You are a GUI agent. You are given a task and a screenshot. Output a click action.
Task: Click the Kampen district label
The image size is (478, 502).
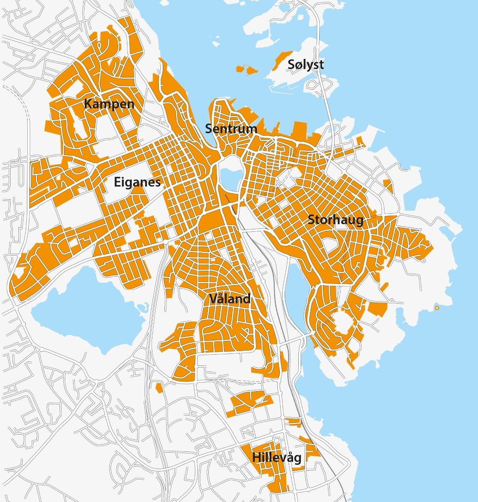(x=109, y=104)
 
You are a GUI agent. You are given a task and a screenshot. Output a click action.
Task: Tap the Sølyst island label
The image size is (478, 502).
(x=306, y=64)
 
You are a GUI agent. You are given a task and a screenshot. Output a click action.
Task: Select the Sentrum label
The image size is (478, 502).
(x=231, y=129)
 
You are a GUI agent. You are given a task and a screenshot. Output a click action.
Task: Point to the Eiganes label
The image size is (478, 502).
(x=137, y=182)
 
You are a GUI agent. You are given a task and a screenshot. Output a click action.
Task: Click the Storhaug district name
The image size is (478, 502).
(x=335, y=220)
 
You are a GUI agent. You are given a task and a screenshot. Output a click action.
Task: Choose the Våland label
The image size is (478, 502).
(x=230, y=299)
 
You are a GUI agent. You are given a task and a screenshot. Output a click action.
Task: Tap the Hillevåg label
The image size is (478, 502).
(x=277, y=457)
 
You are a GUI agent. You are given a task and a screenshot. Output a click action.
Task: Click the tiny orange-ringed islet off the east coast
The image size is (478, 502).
(x=437, y=308)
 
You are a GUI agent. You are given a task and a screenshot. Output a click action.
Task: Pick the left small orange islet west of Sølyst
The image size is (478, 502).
(x=240, y=69)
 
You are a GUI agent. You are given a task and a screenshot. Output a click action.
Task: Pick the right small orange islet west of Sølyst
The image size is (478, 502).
(x=252, y=71)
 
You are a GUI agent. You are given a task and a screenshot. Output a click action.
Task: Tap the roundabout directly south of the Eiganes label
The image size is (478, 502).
(x=165, y=242)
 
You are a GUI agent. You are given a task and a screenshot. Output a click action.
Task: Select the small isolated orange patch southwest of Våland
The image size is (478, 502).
(x=159, y=388)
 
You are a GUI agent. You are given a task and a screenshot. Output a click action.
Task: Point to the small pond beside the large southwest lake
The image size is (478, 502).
(x=141, y=308)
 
